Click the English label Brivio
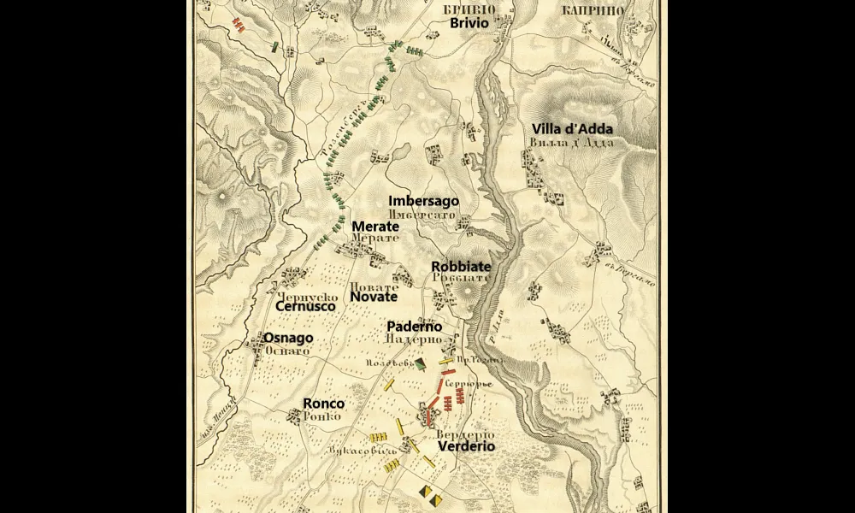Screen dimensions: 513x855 (469, 23)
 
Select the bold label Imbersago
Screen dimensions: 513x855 (423, 201)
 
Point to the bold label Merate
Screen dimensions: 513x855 (375, 227)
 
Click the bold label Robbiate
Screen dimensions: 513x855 (460, 266)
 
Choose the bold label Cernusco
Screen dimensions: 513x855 (305, 305)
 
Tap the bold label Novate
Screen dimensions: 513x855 (374, 297)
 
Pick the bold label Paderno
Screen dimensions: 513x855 (414, 327)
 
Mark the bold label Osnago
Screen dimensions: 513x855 (288, 338)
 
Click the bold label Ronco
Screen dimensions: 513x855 (324, 404)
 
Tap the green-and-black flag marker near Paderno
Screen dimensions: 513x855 (420, 365)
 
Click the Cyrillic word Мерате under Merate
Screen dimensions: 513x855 (375, 239)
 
